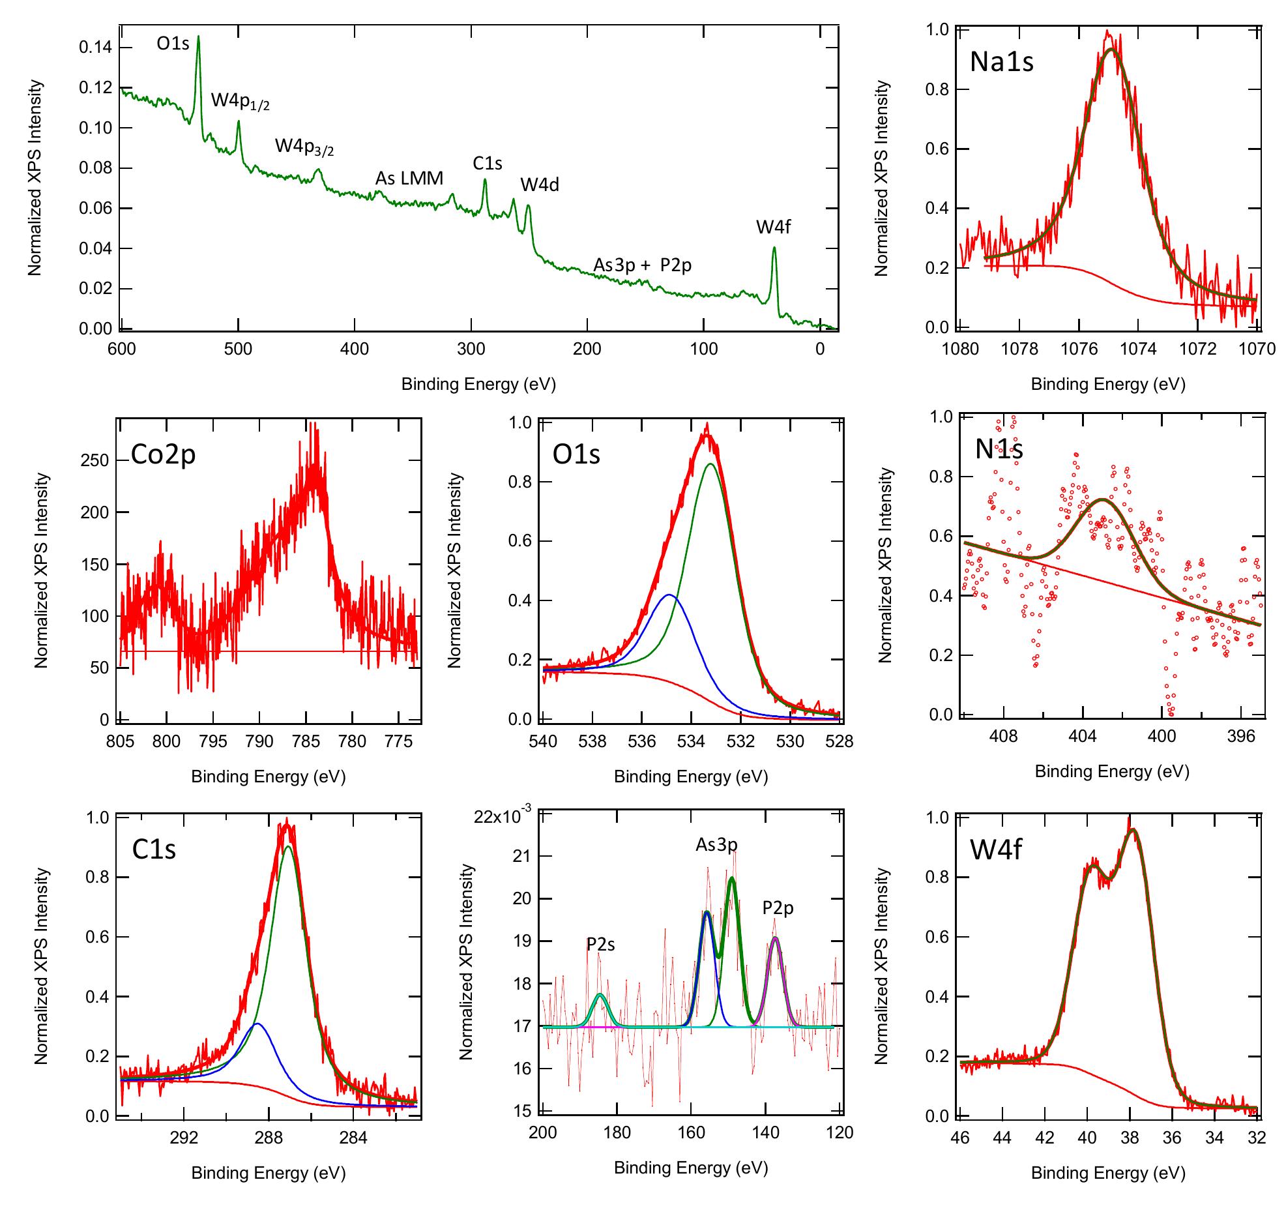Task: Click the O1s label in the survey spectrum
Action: point(173,44)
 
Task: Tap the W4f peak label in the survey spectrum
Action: point(773,228)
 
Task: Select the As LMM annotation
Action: point(409,178)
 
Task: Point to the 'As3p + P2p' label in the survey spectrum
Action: point(642,265)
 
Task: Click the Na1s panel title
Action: point(1001,62)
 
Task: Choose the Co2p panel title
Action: point(163,454)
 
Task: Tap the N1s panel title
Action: point(999,449)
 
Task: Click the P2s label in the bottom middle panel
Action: point(600,944)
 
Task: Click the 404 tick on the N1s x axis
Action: point(1083,736)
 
